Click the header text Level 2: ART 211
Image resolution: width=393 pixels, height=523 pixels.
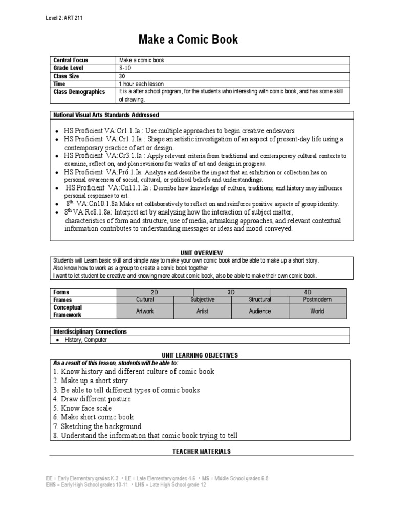(x=64, y=18)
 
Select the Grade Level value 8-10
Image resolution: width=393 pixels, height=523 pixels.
(x=125, y=68)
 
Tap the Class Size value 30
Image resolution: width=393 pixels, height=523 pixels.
(x=123, y=76)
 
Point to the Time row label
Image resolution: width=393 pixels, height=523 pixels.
(x=59, y=84)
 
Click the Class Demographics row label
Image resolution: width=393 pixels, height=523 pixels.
(x=79, y=92)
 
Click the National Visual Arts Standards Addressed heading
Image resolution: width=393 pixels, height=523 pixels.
(x=106, y=115)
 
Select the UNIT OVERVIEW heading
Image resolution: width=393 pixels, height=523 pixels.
(x=202, y=252)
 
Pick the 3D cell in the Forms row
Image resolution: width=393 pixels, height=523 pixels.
(x=231, y=292)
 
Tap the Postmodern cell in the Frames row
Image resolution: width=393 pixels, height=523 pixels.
(x=317, y=300)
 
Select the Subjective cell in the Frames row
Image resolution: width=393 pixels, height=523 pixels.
(x=203, y=300)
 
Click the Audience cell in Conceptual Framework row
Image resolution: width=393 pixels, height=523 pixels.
(x=260, y=311)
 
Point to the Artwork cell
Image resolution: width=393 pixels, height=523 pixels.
(x=145, y=311)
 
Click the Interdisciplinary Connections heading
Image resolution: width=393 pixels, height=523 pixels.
(x=90, y=331)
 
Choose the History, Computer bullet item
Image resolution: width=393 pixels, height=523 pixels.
(x=86, y=340)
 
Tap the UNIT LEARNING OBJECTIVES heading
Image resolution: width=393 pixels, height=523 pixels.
(x=202, y=355)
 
